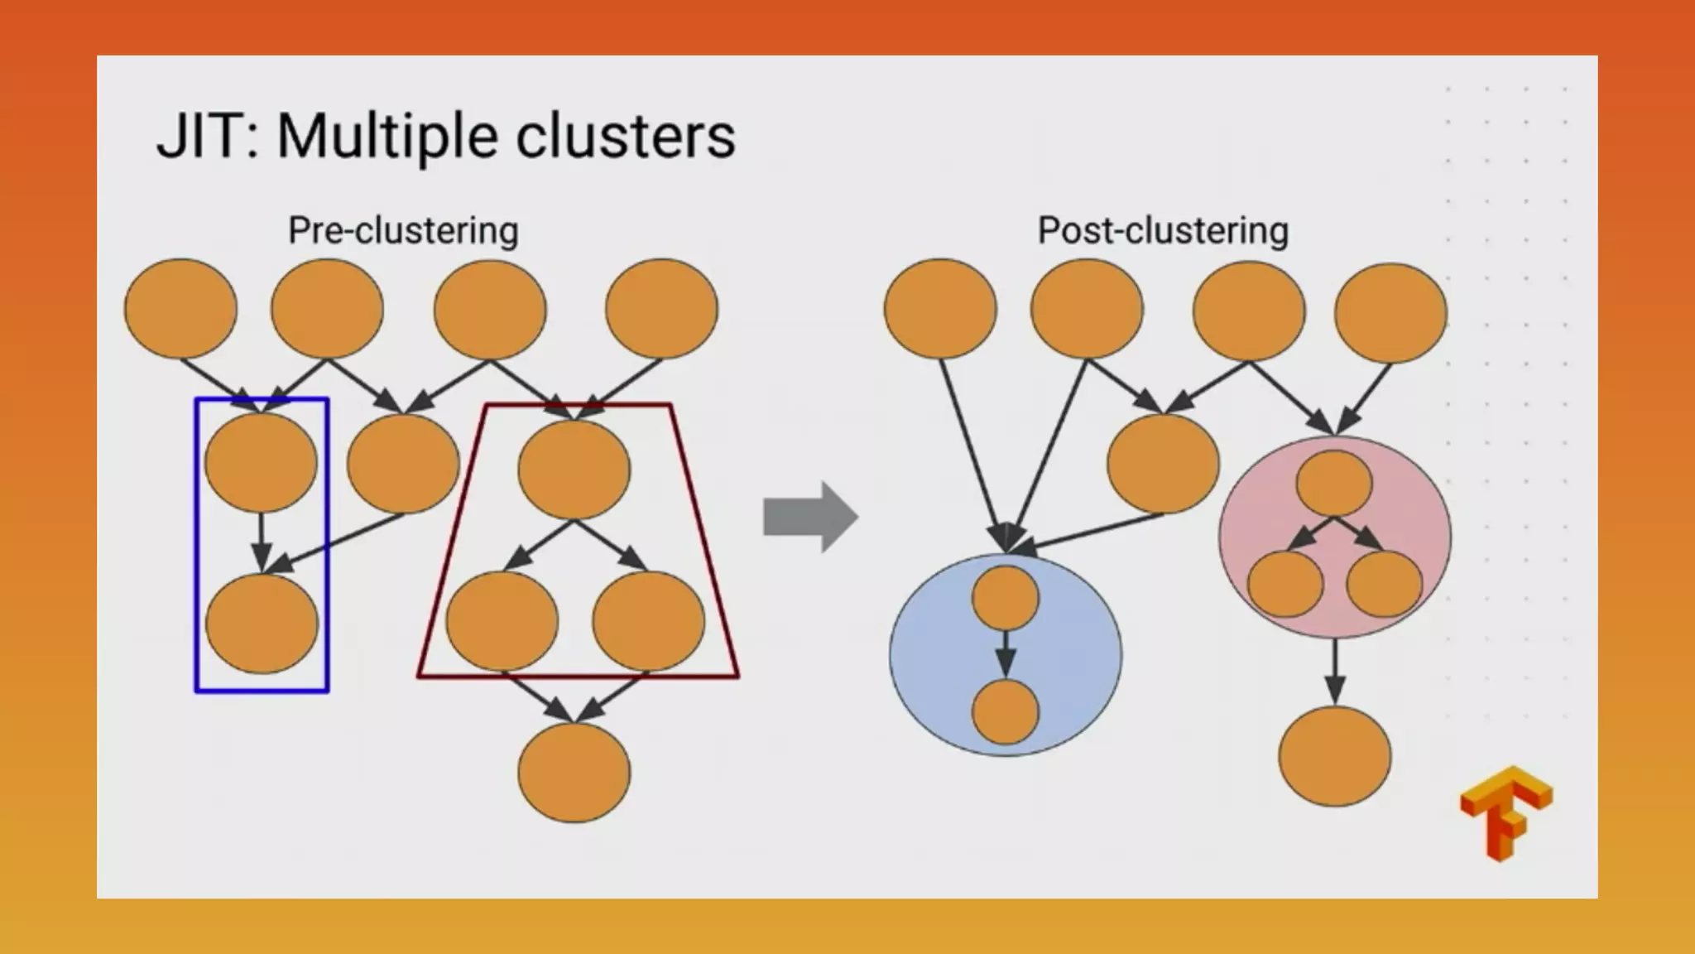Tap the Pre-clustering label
point(403,230)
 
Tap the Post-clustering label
point(1163,230)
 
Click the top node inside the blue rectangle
point(261,462)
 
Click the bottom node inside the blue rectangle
point(262,623)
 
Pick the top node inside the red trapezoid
point(574,469)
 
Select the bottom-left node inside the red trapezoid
point(502,621)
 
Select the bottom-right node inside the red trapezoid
point(648,621)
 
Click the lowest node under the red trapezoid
point(574,772)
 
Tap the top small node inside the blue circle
point(1005,598)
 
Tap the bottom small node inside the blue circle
point(1005,712)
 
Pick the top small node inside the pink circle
point(1333,484)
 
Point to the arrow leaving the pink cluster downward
point(1334,671)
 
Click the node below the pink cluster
point(1334,756)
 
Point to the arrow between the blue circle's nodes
point(1005,654)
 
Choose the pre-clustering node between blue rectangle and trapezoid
point(403,464)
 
